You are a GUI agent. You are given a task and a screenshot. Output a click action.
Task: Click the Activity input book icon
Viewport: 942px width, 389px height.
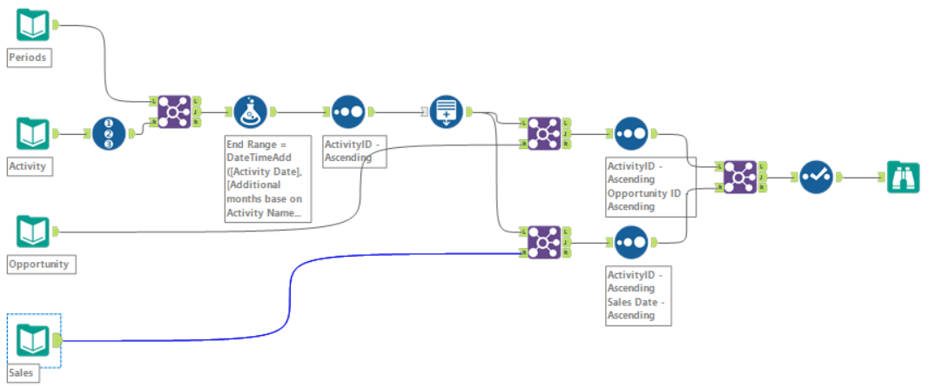[x=33, y=134]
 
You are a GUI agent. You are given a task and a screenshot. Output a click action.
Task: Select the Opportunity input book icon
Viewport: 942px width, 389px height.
[x=33, y=231]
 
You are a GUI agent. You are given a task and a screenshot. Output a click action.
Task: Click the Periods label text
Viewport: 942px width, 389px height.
[x=27, y=58]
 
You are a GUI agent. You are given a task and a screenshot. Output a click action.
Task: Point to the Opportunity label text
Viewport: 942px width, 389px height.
[x=38, y=263]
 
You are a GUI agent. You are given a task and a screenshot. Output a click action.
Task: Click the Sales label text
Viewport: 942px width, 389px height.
[x=23, y=373]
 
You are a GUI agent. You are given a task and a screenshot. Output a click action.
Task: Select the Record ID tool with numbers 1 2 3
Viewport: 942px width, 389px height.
[x=110, y=134]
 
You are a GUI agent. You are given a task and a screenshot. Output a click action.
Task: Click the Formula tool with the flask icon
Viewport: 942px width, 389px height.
[x=251, y=111]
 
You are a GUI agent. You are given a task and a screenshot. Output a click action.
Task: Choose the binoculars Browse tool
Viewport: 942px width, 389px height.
[x=903, y=177]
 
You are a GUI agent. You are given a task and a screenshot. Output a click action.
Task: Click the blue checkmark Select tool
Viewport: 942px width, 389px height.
[x=816, y=177]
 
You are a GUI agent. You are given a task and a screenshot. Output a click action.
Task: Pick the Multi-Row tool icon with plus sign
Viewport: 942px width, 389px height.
[x=446, y=111]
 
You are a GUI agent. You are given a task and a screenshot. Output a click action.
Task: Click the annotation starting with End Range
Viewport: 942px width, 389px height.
[x=267, y=178]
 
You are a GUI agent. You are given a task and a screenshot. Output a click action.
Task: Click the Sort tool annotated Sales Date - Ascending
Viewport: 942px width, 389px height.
[x=631, y=242]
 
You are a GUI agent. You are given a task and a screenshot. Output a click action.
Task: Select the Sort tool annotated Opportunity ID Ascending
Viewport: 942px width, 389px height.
[x=631, y=134]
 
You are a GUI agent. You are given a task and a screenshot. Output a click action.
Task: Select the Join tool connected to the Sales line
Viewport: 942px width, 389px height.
[x=544, y=242]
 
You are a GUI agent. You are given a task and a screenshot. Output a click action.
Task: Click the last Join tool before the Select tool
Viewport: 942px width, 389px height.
[x=739, y=177]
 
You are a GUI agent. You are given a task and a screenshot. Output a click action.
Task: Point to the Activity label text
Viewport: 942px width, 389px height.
[x=27, y=165]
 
